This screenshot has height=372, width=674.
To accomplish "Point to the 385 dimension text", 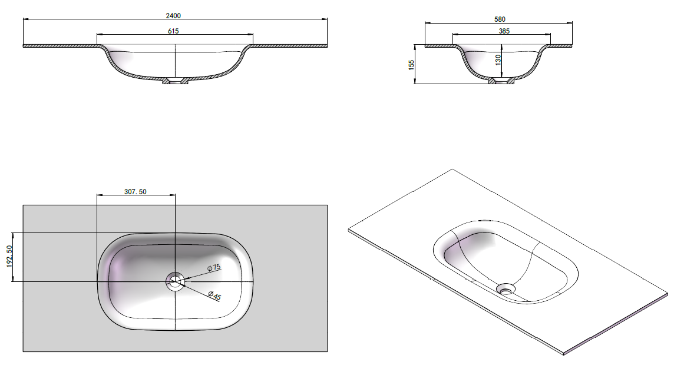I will pos(503,31).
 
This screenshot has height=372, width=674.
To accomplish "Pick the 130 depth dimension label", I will pos(498,59).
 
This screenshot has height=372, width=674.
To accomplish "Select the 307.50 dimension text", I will pos(136,191).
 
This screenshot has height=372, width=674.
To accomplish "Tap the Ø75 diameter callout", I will pos(213,268).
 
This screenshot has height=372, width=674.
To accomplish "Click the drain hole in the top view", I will pos(175,281).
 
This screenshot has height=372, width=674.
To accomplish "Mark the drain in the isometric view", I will pos(505,288).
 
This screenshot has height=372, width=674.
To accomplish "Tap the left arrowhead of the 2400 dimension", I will pos(25,19).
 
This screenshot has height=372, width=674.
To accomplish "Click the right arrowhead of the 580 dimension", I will pos(572,23).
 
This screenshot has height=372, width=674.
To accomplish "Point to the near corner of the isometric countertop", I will pos(564,354).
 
